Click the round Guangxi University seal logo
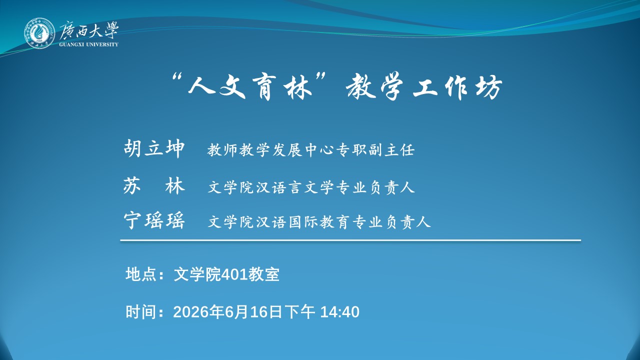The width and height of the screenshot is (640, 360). (39, 33)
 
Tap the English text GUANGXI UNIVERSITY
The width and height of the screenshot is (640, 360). (88, 44)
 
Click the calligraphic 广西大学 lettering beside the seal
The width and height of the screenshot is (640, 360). (89, 30)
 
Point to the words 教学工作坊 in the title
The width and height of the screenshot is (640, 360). (424, 86)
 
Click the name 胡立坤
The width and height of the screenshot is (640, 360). (154, 148)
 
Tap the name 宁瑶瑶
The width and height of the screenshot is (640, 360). (154, 220)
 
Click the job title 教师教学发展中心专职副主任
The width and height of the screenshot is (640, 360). (311, 150)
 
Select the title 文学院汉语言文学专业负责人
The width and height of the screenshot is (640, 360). (311, 187)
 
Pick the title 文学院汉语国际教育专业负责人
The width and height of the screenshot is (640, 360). (319, 222)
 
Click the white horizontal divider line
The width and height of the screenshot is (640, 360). (350, 240)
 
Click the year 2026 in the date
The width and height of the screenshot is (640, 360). (190, 312)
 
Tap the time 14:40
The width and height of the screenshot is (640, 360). (339, 312)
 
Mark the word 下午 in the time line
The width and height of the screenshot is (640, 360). (299, 311)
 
